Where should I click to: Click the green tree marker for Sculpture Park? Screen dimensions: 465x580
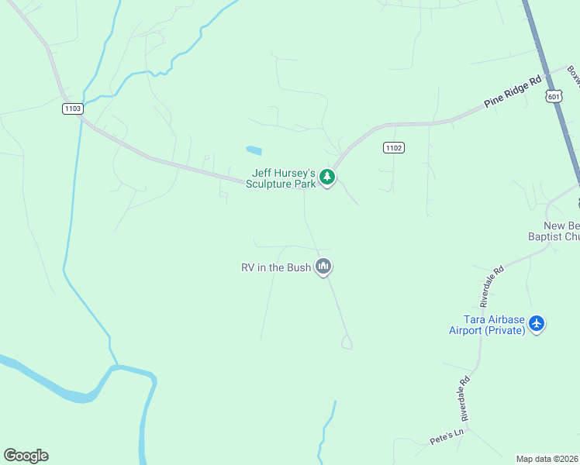[x=328, y=177]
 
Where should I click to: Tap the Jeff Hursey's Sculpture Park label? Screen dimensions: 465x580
[x=281, y=178]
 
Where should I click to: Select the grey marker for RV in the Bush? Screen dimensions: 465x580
[x=323, y=267]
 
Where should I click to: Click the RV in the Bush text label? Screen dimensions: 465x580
[x=276, y=267]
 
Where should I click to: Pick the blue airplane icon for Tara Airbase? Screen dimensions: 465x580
[x=537, y=323]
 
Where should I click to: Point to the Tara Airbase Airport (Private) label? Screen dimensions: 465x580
[x=487, y=325]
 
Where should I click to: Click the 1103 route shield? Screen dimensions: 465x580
[x=72, y=108]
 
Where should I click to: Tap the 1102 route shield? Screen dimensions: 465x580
[x=393, y=147]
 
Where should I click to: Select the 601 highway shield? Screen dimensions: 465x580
[x=553, y=96]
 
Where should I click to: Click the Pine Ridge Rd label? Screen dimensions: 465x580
[x=513, y=92]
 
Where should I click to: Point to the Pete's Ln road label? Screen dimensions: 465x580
[x=447, y=436]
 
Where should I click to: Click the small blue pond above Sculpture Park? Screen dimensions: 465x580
[x=254, y=150]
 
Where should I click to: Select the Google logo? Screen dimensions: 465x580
[x=26, y=456]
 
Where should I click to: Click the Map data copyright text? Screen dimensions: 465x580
[x=547, y=459]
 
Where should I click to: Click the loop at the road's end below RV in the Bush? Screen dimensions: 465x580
[x=346, y=342]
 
